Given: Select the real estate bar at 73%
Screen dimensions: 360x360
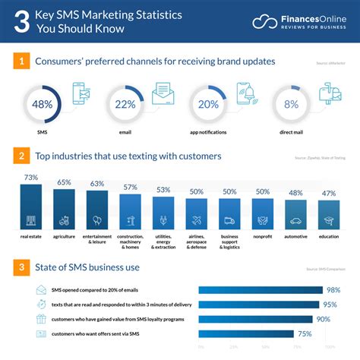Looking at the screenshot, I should pyautogui.click(x=31, y=207).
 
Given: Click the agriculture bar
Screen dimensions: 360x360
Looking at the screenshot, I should pyautogui.click(x=64, y=210).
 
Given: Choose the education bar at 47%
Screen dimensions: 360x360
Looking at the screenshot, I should pyautogui.click(x=329, y=216).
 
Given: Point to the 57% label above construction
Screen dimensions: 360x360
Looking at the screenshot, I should pyautogui.click(x=131, y=188).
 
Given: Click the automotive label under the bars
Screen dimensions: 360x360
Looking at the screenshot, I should pyautogui.click(x=295, y=237).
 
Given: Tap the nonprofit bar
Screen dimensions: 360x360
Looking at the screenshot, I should pyautogui.click(x=263, y=214).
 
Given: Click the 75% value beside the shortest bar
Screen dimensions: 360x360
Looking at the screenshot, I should pyautogui.click(x=305, y=333).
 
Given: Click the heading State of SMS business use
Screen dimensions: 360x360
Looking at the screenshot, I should pyautogui.click(x=89, y=267).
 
